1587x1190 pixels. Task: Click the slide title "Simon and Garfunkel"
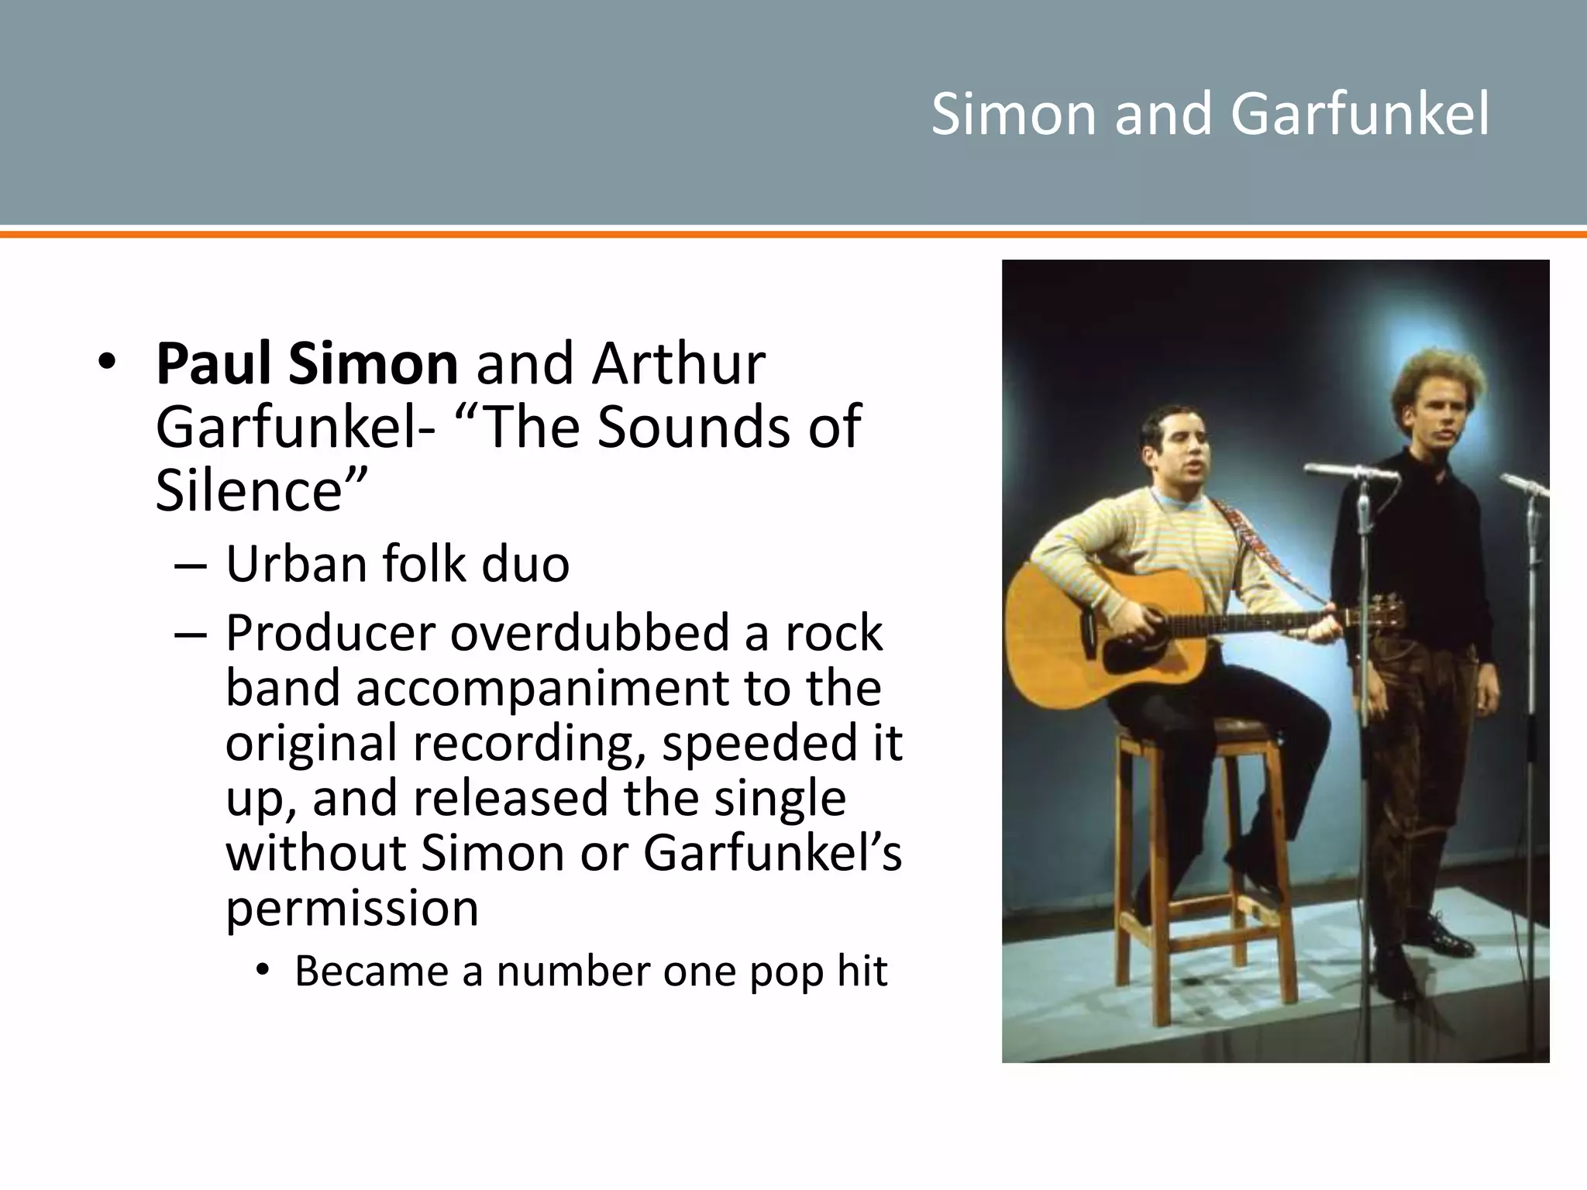1210,114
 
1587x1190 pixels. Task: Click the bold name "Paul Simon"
307,364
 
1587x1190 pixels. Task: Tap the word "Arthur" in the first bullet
679,364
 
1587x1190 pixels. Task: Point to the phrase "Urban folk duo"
398,564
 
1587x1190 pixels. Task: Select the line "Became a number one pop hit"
590,972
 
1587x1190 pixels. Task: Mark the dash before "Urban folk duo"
191,566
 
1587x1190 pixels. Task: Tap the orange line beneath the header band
793,232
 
